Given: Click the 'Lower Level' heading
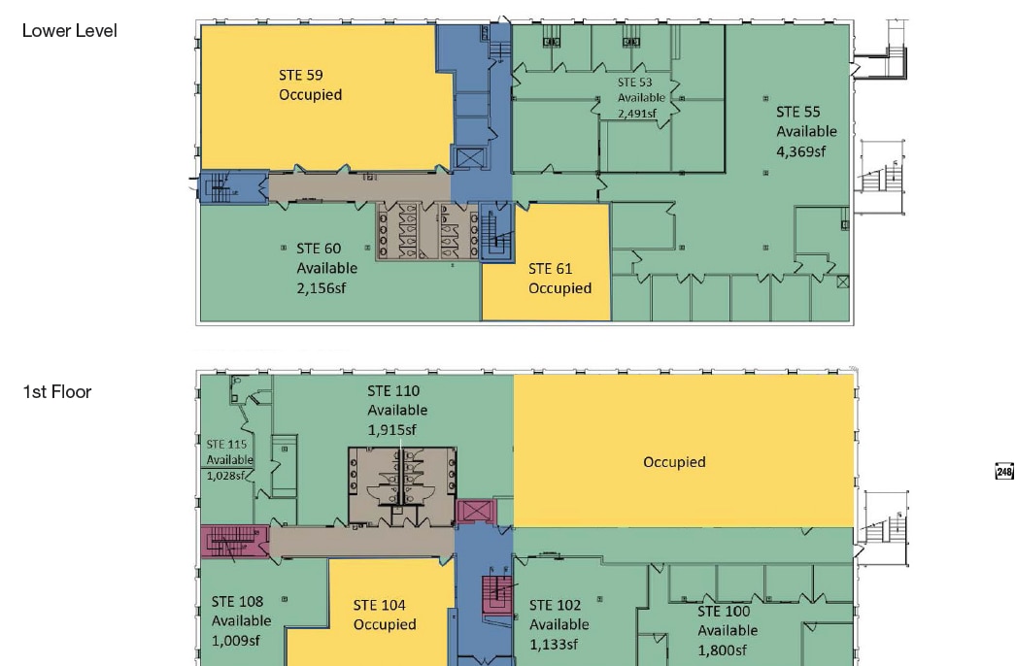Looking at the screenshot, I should [69, 31].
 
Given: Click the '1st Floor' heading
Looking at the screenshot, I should [57, 392].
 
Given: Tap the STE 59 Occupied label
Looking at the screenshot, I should [310, 85].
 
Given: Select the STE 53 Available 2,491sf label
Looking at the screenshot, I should [642, 98].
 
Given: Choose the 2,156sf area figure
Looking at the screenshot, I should [326, 287].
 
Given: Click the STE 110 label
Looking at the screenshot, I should [393, 391].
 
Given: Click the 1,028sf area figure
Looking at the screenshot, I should [228, 475].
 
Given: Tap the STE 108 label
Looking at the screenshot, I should [237, 602].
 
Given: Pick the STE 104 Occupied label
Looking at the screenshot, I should [385, 615].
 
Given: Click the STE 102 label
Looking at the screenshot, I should [555, 606].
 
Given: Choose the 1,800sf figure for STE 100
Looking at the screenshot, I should [722, 649].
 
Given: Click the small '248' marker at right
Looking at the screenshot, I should [1004, 472].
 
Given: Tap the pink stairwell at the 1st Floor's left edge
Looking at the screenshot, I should [233, 542].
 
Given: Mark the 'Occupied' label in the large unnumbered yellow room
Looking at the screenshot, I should [674, 462].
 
